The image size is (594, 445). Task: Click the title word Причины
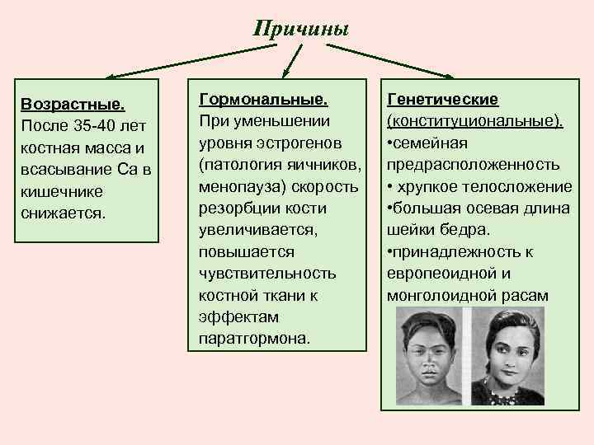[x=301, y=30]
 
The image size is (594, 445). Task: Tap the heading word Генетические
[x=442, y=100]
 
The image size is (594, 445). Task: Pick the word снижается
[x=65, y=213]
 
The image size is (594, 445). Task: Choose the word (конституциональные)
[x=475, y=121]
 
